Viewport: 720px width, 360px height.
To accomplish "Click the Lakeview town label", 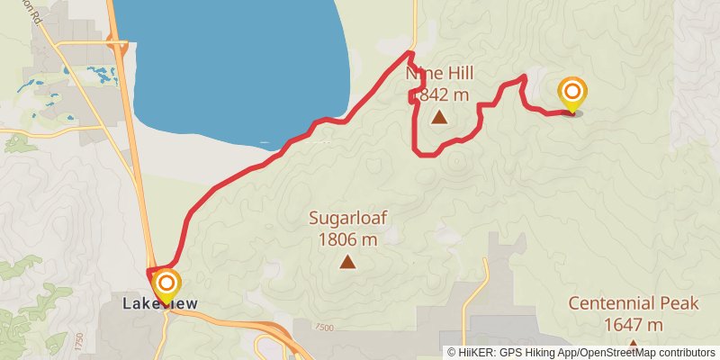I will (160, 304).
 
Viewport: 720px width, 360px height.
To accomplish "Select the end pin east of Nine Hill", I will (572, 94).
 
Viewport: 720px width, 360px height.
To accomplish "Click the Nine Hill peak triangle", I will (438, 117).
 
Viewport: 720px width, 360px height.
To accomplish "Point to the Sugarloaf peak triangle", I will (347, 262).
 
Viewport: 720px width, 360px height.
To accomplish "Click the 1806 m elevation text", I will (347, 239).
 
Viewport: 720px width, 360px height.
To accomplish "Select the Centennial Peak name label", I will (634, 304).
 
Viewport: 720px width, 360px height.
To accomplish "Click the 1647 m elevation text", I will (634, 325).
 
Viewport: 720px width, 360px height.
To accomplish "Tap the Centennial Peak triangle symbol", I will (634, 345).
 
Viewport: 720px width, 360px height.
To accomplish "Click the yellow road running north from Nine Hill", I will (415, 22).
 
